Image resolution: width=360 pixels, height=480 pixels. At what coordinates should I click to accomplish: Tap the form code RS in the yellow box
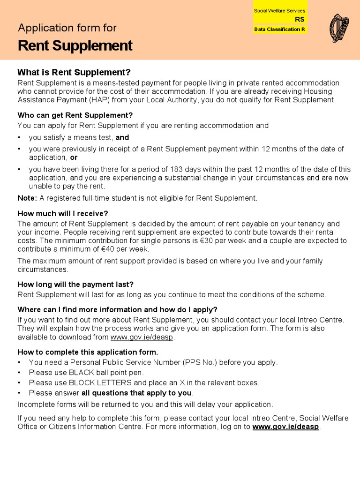[x=299, y=19]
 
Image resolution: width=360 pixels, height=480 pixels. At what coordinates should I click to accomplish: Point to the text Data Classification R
[x=279, y=29]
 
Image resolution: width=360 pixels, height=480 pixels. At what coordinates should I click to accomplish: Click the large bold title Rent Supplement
[x=75, y=46]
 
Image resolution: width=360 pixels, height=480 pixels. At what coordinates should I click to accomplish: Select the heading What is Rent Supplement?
[x=74, y=72]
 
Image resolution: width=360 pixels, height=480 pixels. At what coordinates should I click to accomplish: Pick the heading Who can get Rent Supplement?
[x=75, y=115]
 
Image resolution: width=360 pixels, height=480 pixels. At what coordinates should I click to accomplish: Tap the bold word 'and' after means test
[x=122, y=138]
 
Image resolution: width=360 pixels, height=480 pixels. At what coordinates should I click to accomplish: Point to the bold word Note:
[x=27, y=198]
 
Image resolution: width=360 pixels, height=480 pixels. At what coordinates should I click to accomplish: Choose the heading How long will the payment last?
[x=75, y=285]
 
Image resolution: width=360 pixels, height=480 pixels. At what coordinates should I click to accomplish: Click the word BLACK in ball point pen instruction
[x=82, y=373]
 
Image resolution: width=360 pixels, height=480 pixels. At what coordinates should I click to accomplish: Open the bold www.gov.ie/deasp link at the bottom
[x=285, y=427]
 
